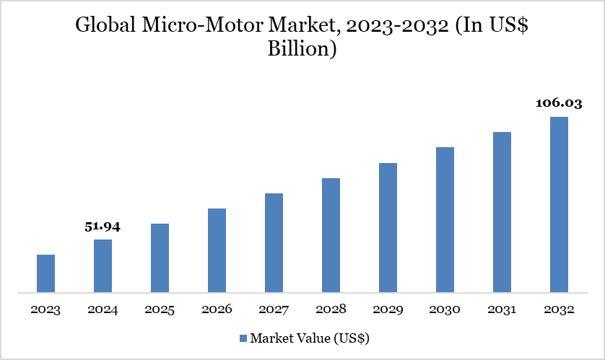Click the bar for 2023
click(x=45, y=274)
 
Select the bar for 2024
click(x=103, y=266)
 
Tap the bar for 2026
click(x=217, y=251)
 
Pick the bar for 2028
click(x=331, y=236)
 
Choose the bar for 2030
click(x=445, y=220)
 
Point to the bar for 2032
click(x=559, y=205)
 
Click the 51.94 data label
click(x=103, y=227)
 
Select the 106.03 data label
click(x=558, y=103)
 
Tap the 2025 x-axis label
click(x=160, y=309)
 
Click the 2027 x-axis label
click(x=274, y=309)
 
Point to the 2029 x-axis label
click(x=388, y=309)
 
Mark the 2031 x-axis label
click(x=502, y=309)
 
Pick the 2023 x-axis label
click(x=45, y=309)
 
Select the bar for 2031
click(x=502, y=213)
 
